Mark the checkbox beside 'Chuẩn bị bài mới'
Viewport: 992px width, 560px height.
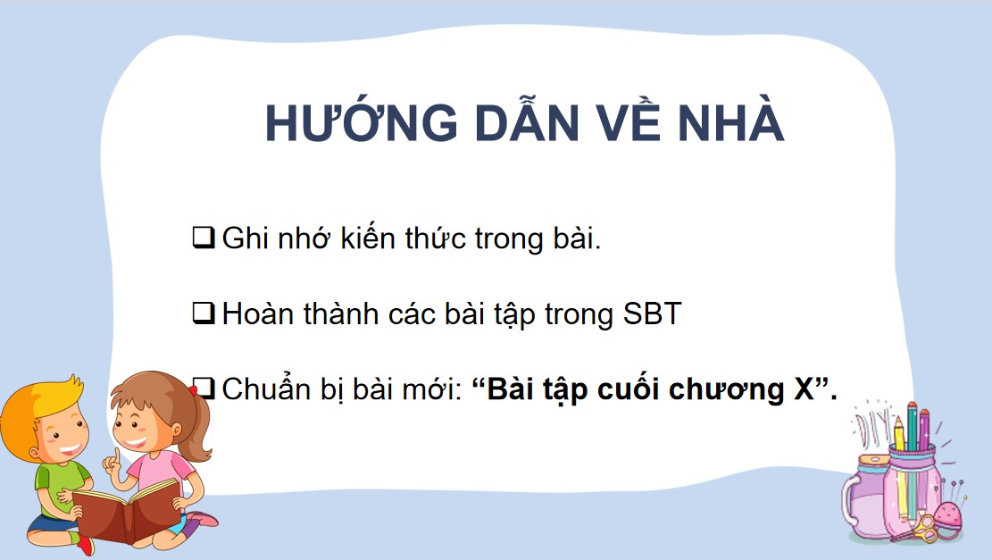pyautogui.click(x=204, y=389)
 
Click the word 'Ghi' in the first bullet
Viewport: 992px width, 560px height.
pyautogui.click(x=243, y=238)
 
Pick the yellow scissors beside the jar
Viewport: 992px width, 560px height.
pyautogui.click(x=929, y=528)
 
